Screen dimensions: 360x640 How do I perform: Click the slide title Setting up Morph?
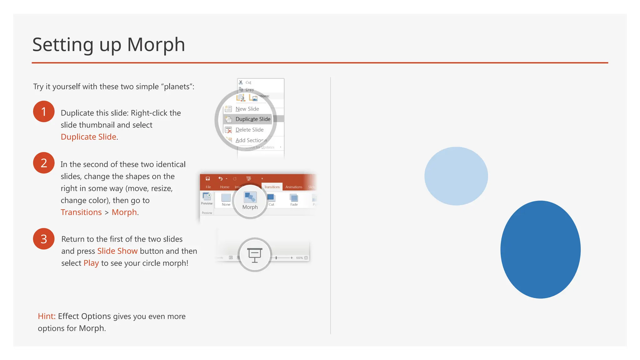pos(109,45)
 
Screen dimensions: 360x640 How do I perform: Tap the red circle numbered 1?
pos(44,112)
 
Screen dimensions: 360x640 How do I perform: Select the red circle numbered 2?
pos(44,163)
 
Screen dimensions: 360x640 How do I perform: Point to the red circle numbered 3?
pos(44,239)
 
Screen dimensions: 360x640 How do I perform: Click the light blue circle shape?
pos(456,176)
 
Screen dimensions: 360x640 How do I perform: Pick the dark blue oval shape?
pos(540,249)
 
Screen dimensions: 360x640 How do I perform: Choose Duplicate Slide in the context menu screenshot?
pos(252,119)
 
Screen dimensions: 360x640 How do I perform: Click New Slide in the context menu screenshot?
pos(247,109)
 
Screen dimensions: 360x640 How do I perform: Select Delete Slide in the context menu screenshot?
pos(249,130)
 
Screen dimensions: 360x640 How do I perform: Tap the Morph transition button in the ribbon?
pos(250,200)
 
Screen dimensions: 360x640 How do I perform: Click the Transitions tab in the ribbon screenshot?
pos(272,187)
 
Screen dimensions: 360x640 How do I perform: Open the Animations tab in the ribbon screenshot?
pos(294,187)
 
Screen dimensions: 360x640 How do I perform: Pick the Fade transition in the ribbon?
pos(294,199)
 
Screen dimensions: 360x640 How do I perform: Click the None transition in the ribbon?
pos(226,199)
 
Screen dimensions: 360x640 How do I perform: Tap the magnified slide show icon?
pos(255,255)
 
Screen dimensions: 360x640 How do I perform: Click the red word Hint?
pos(47,316)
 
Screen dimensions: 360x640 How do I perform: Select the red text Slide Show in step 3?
pos(117,251)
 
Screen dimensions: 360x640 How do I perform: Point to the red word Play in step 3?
pos(91,263)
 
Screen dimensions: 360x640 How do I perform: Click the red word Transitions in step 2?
pos(81,212)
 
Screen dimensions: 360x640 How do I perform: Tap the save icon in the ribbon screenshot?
pos(208,178)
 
